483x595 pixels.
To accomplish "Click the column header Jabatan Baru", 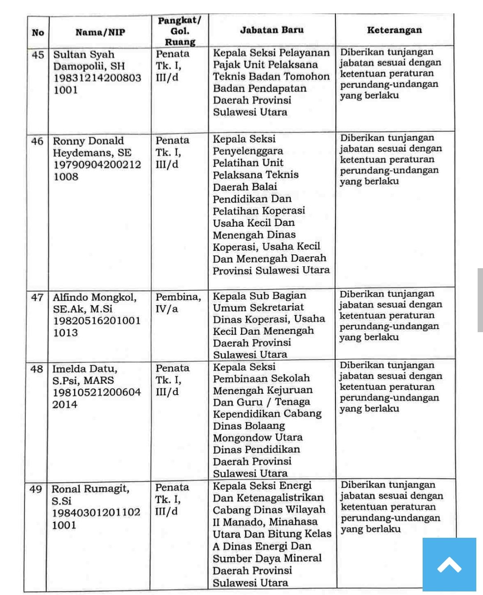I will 271,30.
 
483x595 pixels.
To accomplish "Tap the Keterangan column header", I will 394,30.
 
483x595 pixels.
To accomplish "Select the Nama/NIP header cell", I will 100,32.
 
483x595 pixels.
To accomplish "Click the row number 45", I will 38,55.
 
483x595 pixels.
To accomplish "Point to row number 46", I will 37,141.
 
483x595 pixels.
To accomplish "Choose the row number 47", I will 37,297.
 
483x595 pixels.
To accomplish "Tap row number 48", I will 37,369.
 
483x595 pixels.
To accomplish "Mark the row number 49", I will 36,489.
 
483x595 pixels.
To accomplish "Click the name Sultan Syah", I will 84,55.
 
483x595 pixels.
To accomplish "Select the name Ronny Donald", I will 88,141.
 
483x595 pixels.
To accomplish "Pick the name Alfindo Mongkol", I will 94,297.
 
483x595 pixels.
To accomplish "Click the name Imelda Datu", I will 85,369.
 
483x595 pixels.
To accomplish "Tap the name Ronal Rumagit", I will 90,489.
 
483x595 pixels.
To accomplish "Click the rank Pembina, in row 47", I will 178,297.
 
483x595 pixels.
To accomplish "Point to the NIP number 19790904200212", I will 97,165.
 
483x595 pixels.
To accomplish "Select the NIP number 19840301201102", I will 96,512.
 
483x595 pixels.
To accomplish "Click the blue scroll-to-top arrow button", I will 449,565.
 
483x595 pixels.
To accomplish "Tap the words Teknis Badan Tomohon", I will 271,76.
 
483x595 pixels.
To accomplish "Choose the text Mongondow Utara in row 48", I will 258,437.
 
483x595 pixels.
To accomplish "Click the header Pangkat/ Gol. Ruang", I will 180,31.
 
